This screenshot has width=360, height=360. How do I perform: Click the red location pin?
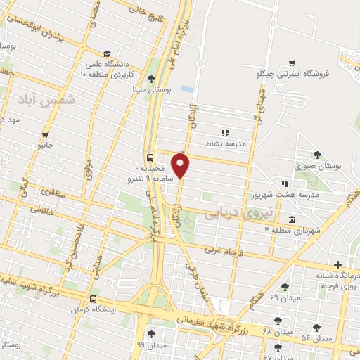click(181, 166)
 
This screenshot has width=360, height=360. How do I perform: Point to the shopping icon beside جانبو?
click(46, 134)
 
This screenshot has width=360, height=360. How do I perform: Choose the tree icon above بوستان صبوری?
click(317, 154)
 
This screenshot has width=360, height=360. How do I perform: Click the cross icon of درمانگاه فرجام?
click(338, 264)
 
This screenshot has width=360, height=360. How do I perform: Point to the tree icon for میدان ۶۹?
click(284, 287)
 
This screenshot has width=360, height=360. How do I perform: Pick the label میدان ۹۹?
click(151, 345)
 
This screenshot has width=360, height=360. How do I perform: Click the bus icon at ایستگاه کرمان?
click(94, 299)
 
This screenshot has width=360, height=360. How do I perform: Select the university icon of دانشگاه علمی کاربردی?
click(106, 53)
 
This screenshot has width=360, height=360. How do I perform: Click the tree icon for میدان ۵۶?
click(316, 327)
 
